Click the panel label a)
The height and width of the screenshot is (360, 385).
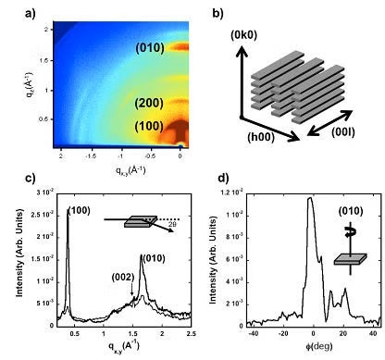[x=12, y=12]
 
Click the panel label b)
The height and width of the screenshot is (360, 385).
[x=216, y=12]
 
